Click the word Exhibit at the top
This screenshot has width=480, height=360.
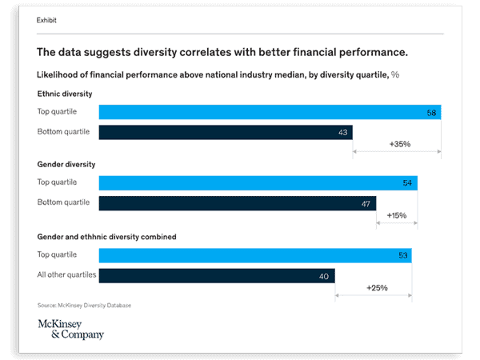46,20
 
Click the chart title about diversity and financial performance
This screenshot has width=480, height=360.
222,53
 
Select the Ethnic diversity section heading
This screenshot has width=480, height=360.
65,94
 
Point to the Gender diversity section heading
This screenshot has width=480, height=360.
66,164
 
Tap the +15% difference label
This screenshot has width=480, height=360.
398,215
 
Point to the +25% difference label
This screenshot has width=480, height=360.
378,287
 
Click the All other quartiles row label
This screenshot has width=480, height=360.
66,274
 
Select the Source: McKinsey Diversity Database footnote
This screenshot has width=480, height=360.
83,306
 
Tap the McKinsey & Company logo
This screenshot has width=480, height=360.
70,329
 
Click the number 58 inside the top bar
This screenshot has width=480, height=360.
431,114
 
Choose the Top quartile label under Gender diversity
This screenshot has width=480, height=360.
57,182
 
